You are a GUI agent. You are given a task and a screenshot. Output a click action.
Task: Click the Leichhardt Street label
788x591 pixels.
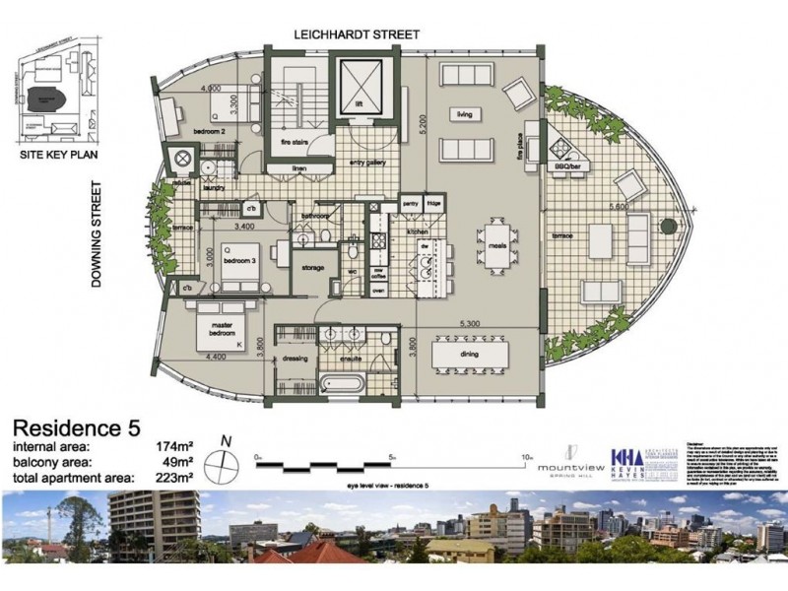click(358, 34)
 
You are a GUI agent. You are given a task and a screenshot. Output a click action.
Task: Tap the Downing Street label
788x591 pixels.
click(97, 233)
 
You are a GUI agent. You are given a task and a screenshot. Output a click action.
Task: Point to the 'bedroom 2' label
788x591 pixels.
click(212, 131)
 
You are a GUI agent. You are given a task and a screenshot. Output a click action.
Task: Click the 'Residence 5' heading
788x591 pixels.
click(75, 428)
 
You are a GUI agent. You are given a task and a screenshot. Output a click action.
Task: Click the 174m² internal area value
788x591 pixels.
click(175, 446)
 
